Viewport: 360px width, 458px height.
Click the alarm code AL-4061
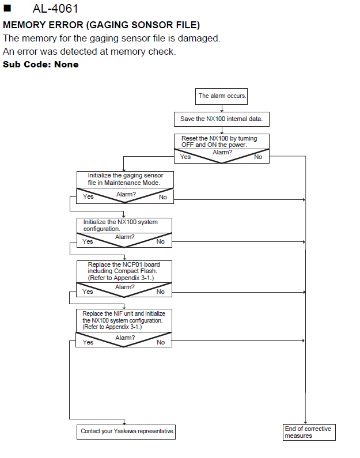(x=55, y=9)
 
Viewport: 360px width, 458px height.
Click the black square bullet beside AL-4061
(x=7, y=8)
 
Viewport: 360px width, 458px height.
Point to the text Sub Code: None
(x=40, y=65)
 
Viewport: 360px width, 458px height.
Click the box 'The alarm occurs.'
(x=221, y=96)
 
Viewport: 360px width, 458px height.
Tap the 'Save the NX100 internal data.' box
(x=222, y=119)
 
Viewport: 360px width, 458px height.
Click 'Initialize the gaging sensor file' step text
(x=125, y=179)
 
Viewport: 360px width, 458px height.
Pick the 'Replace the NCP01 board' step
(x=124, y=271)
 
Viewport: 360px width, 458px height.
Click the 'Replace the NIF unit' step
(x=124, y=320)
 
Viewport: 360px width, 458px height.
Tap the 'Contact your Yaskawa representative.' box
(x=126, y=431)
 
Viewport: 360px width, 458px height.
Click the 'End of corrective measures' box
(x=309, y=432)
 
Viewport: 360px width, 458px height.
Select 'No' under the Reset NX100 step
(x=258, y=157)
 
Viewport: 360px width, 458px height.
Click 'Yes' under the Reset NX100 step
(x=185, y=157)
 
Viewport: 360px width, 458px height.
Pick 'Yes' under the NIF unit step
(x=88, y=342)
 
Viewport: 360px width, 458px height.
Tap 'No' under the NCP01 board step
(x=160, y=292)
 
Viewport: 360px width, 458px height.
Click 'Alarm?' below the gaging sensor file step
(x=126, y=194)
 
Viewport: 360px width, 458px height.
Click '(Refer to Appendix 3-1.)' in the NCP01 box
(x=121, y=278)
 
